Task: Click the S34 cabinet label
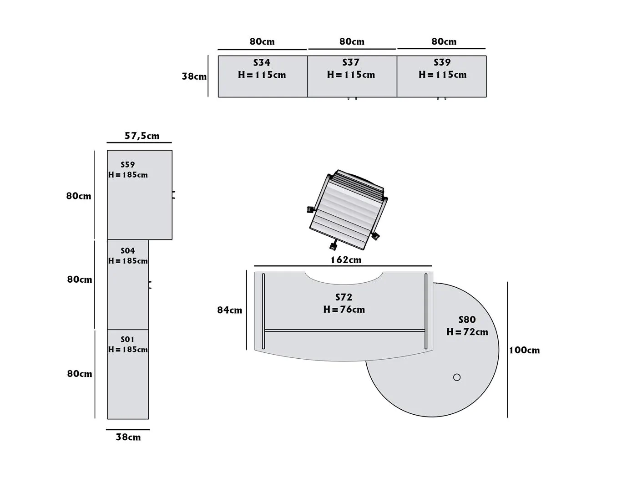pyautogui.click(x=262, y=62)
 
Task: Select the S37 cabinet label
pyautogui.click(x=351, y=62)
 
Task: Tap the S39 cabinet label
pyautogui.click(x=442, y=62)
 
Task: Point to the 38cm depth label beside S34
pyautogui.click(x=194, y=76)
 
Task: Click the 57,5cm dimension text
pyautogui.click(x=142, y=136)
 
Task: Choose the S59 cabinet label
pyautogui.click(x=128, y=164)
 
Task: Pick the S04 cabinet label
pyautogui.click(x=128, y=250)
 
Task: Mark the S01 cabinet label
pyautogui.click(x=128, y=339)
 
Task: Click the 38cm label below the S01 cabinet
pyautogui.click(x=128, y=437)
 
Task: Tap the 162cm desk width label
pyautogui.click(x=346, y=260)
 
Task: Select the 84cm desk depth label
pyautogui.click(x=230, y=310)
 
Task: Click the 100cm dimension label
pyautogui.click(x=525, y=350)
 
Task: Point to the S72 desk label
pyautogui.click(x=344, y=297)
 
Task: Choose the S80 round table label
pyautogui.click(x=467, y=320)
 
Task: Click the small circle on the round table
pyautogui.click(x=457, y=377)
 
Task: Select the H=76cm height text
pyautogui.click(x=344, y=310)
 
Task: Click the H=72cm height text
pyautogui.click(x=467, y=332)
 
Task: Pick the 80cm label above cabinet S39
pyautogui.click(x=444, y=41)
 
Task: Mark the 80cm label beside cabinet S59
pyautogui.click(x=79, y=196)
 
